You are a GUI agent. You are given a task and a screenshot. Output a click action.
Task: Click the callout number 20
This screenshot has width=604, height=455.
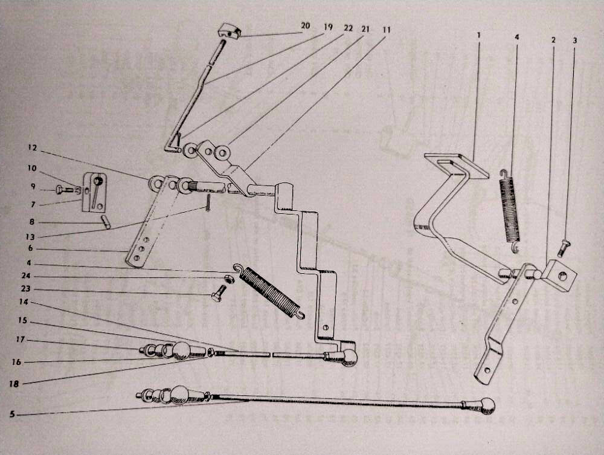click(x=305, y=25)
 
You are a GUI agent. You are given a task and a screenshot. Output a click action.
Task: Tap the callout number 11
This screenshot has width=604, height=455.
click(x=387, y=30)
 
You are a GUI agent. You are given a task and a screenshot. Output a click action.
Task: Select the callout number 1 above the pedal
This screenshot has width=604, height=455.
click(x=479, y=35)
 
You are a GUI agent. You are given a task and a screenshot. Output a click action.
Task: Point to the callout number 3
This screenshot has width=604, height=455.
click(x=575, y=40)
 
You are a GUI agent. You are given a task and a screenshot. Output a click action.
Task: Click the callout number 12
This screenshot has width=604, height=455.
click(x=33, y=147)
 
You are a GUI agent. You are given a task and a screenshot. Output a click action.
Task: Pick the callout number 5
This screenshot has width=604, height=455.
click(x=13, y=414)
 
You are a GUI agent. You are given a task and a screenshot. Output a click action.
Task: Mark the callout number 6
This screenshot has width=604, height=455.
click(x=30, y=248)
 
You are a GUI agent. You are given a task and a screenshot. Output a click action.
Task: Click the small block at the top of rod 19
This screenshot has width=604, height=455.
click(x=230, y=31)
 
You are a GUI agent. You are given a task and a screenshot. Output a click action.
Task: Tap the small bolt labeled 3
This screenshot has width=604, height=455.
click(x=563, y=249)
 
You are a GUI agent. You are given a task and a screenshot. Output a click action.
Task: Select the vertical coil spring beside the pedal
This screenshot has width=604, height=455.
click(x=510, y=211)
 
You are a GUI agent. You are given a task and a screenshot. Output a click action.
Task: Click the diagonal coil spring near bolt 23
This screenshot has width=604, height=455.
click(x=269, y=291)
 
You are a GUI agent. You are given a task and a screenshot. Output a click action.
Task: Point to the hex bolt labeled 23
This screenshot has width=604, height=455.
click(x=217, y=294)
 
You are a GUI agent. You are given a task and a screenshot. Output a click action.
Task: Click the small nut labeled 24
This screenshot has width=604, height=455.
click(x=229, y=278)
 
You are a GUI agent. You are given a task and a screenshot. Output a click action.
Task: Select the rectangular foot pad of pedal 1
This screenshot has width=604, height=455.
click(x=457, y=165)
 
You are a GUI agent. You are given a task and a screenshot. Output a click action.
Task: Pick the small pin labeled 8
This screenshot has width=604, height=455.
click(x=106, y=222)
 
